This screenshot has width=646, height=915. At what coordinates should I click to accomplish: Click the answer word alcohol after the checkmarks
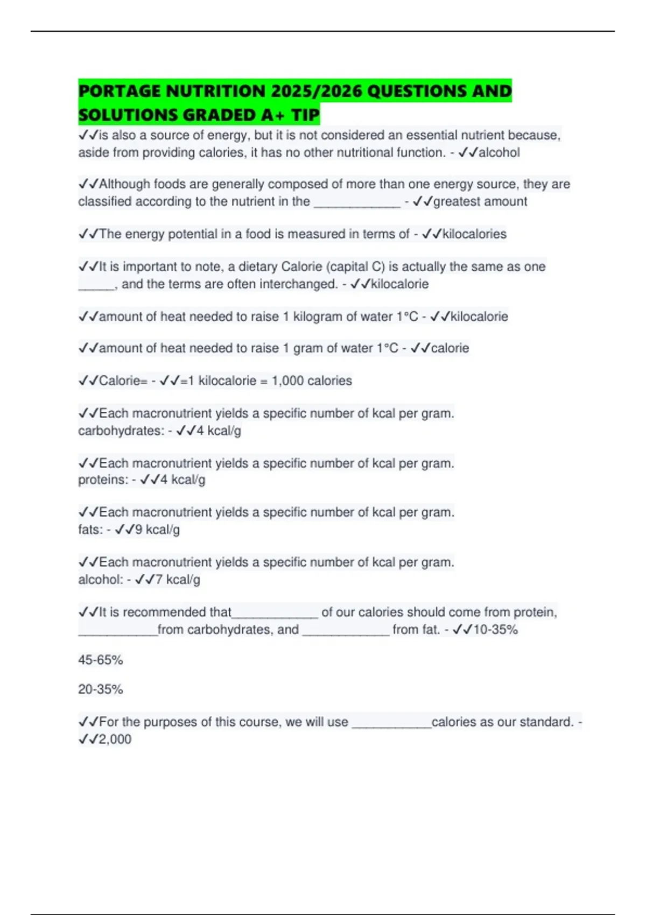(499, 153)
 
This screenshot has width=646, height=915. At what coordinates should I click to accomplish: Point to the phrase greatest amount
(480, 202)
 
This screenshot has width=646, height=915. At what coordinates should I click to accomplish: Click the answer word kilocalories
(474, 234)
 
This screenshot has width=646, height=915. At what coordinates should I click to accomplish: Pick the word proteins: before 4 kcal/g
(103, 480)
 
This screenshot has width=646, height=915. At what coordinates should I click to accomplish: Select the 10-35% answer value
(495, 630)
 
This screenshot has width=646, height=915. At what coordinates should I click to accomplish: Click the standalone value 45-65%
(101, 660)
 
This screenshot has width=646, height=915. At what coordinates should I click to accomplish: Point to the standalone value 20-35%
(101, 689)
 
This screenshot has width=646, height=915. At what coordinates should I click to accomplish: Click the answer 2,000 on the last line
(115, 740)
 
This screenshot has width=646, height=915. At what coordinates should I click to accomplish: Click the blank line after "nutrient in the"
(357, 202)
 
